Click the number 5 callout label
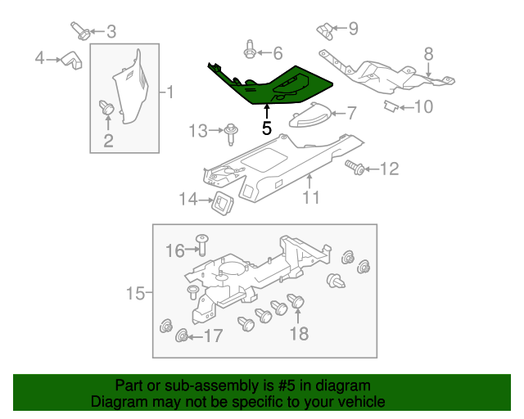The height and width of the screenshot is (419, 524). pos(266,128)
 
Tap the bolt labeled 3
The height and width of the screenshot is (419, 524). pos(81,32)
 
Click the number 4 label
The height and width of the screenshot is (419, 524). pos(39,57)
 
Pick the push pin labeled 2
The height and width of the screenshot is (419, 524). pos(106,107)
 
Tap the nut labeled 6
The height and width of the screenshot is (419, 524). pos(250,53)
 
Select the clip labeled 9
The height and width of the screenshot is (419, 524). pos(325,32)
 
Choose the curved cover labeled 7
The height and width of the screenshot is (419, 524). pos(310,117)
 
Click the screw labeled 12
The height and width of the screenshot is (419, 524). pos(355,168)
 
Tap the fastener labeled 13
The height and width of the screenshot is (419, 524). pos(232,129)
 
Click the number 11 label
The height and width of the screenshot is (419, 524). pos(310,196)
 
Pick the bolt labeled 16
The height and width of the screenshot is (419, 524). pos(202,242)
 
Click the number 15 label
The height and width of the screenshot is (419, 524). pos(135,292)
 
